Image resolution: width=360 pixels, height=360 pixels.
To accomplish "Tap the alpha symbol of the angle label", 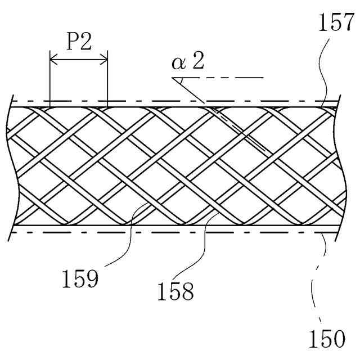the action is point(179,62).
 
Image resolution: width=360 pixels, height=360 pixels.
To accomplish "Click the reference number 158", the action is point(177,291).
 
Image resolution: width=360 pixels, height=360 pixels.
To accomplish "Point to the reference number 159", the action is point(80,278).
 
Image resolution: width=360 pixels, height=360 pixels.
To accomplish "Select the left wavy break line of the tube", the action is point(10,163).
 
